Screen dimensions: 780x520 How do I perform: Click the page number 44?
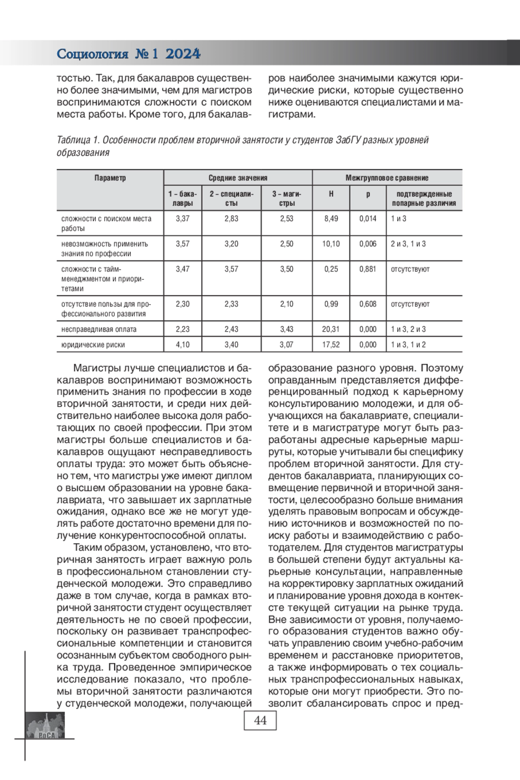coord(260,720)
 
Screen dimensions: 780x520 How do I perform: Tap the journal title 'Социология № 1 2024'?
coord(129,54)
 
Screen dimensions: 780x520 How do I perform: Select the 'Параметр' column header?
coord(110,178)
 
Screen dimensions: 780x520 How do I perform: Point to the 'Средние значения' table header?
coord(238,178)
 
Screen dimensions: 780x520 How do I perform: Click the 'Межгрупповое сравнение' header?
coord(387,178)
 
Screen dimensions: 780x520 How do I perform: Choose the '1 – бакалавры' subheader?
coord(182,198)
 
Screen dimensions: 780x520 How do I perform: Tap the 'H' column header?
coord(331,194)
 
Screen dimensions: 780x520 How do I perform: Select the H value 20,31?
coord(331,329)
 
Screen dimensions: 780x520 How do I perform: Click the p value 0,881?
coord(368,269)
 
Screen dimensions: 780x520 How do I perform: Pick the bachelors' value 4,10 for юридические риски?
coord(182,345)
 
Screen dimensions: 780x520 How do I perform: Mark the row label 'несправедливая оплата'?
coord(99,329)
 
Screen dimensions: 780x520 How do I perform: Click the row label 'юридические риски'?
coord(93,345)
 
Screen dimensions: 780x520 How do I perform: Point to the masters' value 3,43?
coord(286,329)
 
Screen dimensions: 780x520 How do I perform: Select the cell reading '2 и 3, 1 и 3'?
coord(408,244)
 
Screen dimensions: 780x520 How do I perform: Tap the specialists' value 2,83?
coord(231,219)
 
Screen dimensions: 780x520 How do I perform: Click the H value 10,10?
coord(331,244)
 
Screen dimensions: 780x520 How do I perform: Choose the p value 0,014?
coord(368,219)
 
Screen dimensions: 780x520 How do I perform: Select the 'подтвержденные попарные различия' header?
coord(424,198)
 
